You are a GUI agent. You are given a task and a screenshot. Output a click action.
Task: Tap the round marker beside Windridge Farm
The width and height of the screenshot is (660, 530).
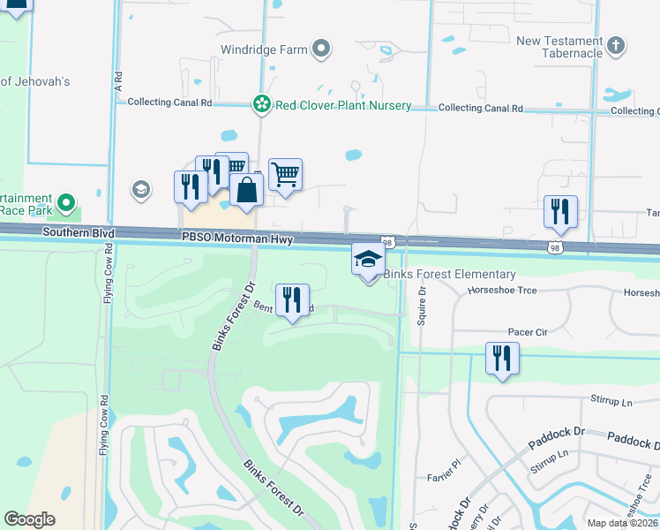click(322, 49)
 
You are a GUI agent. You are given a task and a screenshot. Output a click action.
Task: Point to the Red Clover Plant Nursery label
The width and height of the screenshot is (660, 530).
click(342, 105)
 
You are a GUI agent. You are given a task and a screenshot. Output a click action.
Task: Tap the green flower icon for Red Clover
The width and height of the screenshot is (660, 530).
click(261, 105)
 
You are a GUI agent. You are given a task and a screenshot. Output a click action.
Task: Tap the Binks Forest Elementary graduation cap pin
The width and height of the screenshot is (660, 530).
click(368, 258)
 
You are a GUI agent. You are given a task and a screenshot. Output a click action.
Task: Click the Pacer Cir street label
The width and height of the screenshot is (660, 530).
click(528, 332)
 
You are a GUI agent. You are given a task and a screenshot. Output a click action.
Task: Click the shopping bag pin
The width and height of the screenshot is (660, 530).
click(248, 189)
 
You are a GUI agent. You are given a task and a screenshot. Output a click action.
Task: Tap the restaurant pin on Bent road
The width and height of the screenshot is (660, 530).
click(292, 299)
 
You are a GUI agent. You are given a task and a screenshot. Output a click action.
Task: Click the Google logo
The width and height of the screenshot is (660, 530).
click(29, 519)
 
